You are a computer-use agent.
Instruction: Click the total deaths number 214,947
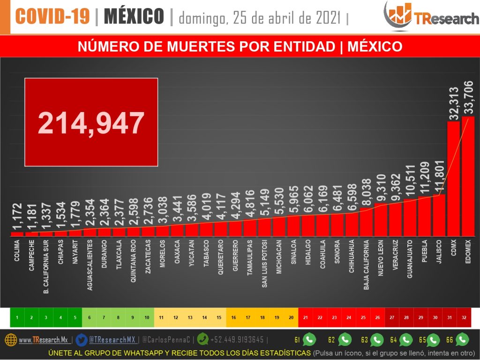pos(91,123)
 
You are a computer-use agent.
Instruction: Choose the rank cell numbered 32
pos(464,317)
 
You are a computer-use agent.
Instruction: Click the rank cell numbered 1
pos(17,317)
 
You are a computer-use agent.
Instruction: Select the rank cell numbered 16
pos(233,317)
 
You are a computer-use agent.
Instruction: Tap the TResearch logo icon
pos(397,15)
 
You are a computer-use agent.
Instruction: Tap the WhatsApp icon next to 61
pos(309,339)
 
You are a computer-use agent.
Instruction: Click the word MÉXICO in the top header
pos(134,17)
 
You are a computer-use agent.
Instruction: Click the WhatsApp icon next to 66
pos(462,339)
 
